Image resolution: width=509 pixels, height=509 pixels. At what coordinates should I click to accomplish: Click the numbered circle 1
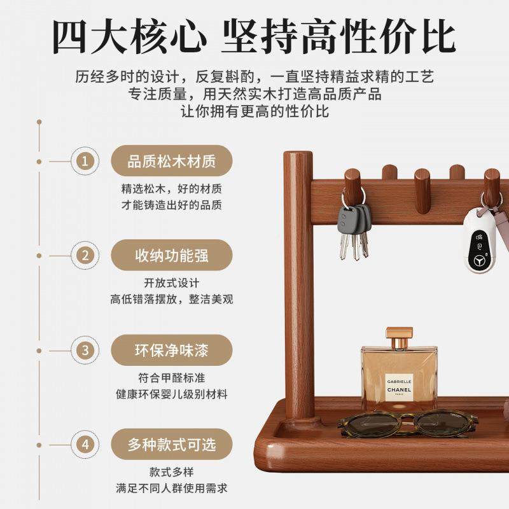(x=85, y=161)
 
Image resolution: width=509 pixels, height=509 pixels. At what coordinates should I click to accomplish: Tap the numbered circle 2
(x=85, y=256)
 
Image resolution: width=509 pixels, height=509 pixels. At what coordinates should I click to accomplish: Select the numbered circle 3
(x=85, y=351)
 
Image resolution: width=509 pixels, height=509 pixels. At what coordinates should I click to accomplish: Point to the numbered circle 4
(x=85, y=445)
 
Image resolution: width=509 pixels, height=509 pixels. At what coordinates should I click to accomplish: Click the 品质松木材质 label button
(x=172, y=161)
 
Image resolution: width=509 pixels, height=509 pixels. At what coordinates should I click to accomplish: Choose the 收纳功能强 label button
(x=172, y=256)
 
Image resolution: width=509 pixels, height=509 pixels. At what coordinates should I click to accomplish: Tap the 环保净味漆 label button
(x=172, y=351)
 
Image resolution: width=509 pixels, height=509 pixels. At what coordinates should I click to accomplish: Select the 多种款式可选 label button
(x=172, y=445)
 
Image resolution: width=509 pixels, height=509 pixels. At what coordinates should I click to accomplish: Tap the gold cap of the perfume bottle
(x=399, y=338)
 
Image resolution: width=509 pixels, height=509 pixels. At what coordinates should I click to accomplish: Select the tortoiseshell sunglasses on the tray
(x=407, y=423)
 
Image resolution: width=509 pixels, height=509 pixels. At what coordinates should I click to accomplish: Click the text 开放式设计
(x=172, y=283)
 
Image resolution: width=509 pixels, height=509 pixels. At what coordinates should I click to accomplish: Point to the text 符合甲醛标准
(x=172, y=377)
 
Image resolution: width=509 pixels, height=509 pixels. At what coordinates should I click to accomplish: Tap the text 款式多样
(x=172, y=472)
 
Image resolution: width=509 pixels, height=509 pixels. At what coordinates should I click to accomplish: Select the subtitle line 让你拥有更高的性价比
(x=254, y=111)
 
